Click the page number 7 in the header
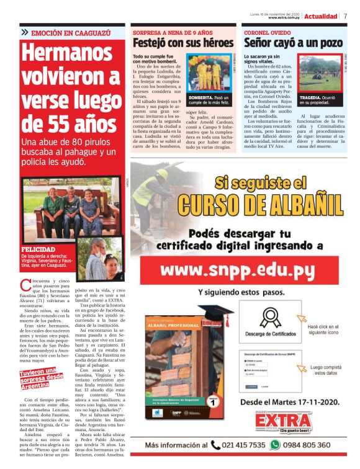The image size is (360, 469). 345,16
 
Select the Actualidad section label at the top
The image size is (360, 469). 321,16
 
